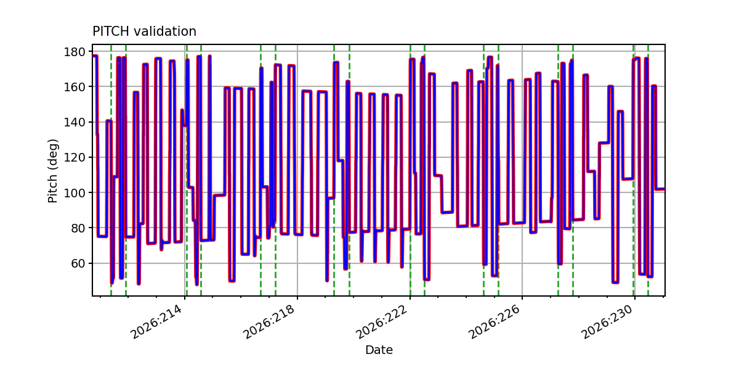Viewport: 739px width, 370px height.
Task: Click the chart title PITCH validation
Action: (x=144, y=31)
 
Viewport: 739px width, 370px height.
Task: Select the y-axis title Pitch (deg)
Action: (x=53, y=171)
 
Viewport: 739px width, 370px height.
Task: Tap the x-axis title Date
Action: (x=379, y=350)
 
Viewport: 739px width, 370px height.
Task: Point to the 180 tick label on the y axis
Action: (x=75, y=52)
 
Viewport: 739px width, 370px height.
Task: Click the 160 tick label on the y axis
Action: (x=75, y=87)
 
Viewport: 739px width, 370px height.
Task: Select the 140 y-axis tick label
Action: (x=75, y=122)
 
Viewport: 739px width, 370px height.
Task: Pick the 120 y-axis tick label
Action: (x=75, y=157)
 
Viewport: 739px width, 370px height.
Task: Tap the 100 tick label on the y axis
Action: (x=75, y=192)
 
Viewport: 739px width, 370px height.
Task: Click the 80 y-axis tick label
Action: (x=78, y=228)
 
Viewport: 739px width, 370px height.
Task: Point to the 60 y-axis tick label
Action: (x=78, y=263)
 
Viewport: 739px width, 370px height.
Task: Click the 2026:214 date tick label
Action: (x=156, y=321)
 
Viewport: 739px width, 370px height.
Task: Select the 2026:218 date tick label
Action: (x=269, y=321)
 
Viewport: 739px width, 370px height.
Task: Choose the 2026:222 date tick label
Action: (x=381, y=321)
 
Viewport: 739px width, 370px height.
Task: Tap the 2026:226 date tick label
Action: (x=493, y=321)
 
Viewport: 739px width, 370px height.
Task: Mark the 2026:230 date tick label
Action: (x=607, y=321)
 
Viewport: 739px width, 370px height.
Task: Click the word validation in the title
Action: (x=165, y=31)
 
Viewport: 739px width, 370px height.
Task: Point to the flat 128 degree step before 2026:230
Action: (x=604, y=142)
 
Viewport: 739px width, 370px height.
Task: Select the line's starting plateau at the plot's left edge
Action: (x=95, y=56)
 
